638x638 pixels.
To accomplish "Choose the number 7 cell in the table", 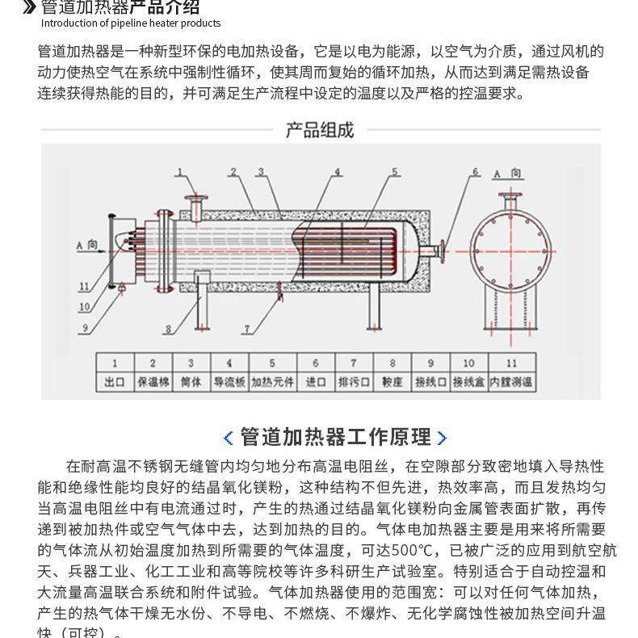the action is (x=353, y=363).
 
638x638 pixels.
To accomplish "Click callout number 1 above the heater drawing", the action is (x=181, y=171).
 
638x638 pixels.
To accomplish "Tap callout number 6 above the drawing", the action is (x=476, y=171).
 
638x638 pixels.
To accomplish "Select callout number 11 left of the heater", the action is (x=85, y=286).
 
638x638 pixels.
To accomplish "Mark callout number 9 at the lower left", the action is (x=85, y=328).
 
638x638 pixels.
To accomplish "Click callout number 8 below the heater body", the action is (x=168, y=329).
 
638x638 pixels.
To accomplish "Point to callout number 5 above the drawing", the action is (x=396, y=171).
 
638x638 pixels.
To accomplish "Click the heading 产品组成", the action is (x=320, y=130).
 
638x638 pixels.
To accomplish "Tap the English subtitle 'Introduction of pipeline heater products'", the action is (x=131, y=23).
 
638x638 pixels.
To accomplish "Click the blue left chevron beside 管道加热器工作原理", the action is (x=228, y=438).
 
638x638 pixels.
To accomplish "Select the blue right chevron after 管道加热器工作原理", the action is (x=442, y=438).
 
